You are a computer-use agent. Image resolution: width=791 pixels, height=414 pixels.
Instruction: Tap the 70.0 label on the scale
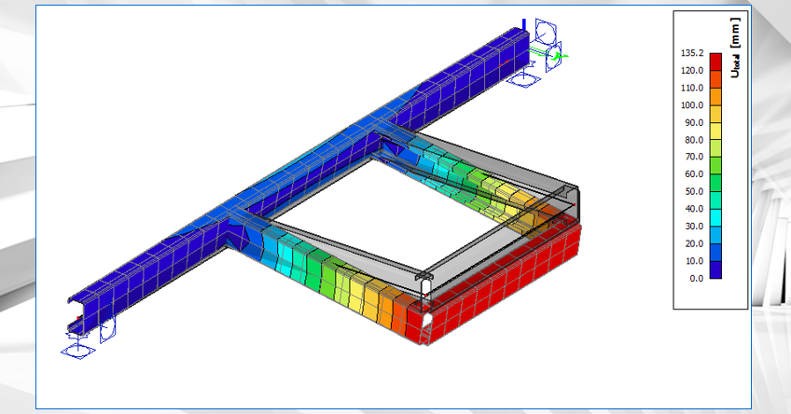click(x=692, y=157)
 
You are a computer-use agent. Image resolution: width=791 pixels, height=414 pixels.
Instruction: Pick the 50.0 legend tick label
click(x=692, y=191)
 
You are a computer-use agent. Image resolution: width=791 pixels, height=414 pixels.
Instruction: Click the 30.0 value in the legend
click(x=692, y=226)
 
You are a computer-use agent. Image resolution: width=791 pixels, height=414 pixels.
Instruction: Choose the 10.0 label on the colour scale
click(x=692, y=260)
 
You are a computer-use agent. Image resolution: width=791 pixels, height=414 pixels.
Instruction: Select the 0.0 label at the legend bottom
click(x=695, y=278)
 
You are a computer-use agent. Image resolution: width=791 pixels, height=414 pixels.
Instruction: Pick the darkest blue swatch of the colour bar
click(x=715, y=269)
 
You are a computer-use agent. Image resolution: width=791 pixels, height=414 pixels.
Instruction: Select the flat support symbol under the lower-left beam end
click(x=76, y=352)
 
